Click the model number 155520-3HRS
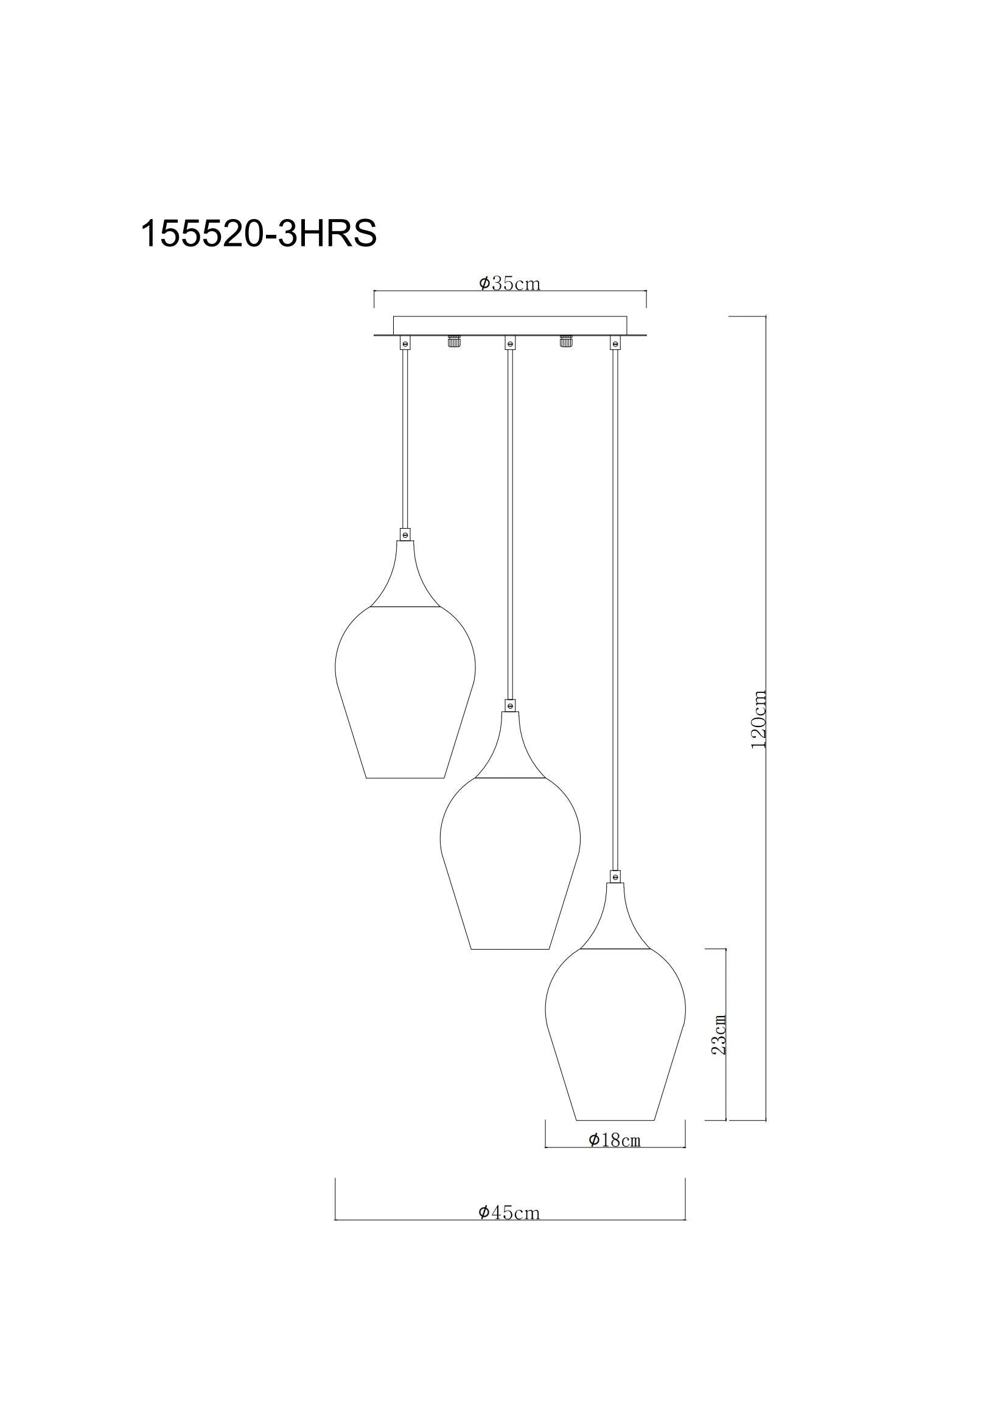(259, 234)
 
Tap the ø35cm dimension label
(509, 284)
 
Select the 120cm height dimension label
(759, 719)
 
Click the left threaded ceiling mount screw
(455, 341)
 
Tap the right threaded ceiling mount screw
(565, 341)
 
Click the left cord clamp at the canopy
(405, 342)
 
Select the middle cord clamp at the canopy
(509, 342)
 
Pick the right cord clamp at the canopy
(615, 342)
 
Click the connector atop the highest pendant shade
(405, 533)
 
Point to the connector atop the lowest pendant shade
(615, 876)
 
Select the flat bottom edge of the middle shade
(510, 949)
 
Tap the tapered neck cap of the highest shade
(405, 576)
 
